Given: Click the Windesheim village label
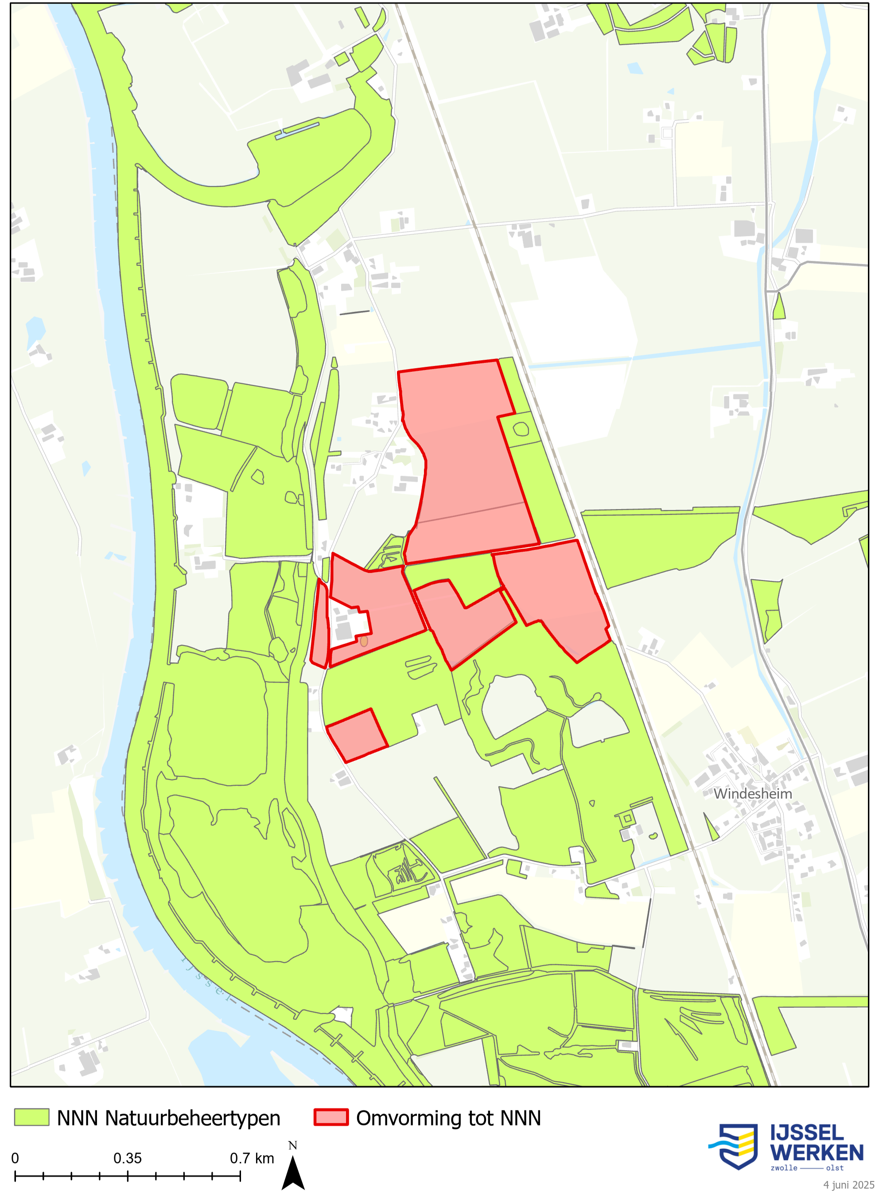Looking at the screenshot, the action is click(x=752, y=794).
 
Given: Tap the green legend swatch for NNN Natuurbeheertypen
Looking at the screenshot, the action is click(x=31, y=1117).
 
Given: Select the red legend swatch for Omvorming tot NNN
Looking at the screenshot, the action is click(x=331, y=1117).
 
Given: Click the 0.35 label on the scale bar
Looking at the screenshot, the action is click(x=127, y=1159).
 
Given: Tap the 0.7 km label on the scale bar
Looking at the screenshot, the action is click(x=252, y=1159).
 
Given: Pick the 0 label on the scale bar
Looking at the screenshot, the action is click(x=15, y=1159).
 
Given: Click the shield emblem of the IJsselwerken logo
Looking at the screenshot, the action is click(x=737, y=1146).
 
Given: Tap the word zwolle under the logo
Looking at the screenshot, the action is click(x=784, y=1168).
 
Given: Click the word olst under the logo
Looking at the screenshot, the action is click(x=835, y=1168).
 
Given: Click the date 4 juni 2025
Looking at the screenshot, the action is click(x=849, y=1185).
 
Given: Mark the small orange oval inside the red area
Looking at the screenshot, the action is click(x=364, y=641).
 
